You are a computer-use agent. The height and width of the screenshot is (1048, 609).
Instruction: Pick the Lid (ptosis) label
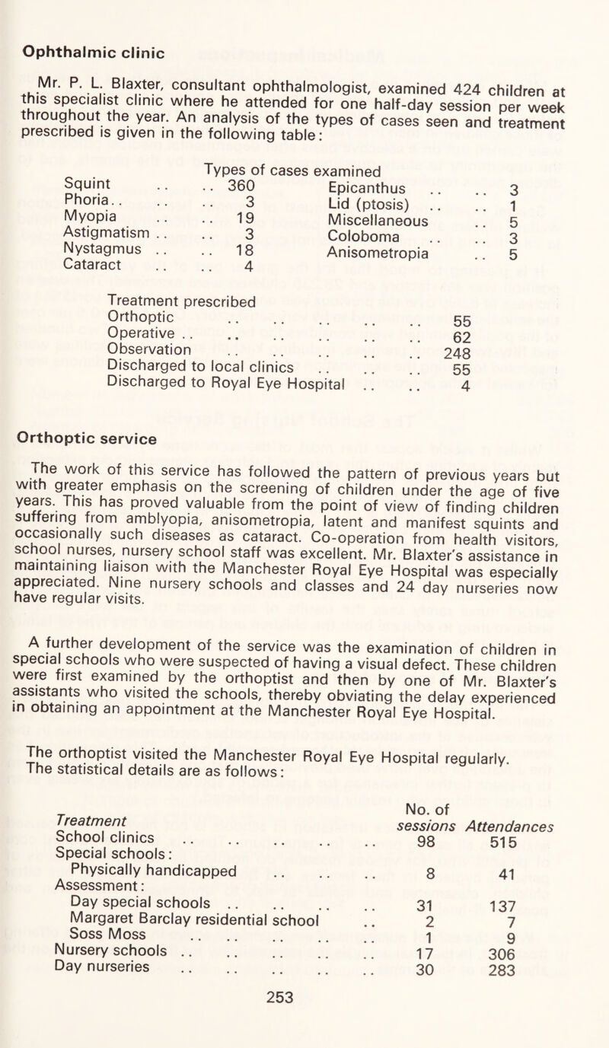coord(365,227)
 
